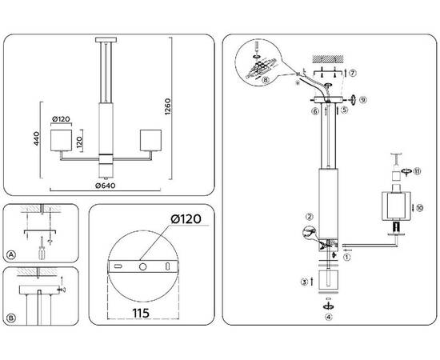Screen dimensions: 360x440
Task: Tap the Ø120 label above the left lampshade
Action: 62,120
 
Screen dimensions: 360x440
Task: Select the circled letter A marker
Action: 11,255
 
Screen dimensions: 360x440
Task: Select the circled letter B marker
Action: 11,318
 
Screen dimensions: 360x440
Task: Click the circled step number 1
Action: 346,258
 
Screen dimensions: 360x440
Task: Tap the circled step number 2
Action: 308,216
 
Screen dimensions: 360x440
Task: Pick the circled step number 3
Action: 304,282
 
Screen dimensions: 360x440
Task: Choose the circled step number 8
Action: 266,79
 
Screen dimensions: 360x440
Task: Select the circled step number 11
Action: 416,171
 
